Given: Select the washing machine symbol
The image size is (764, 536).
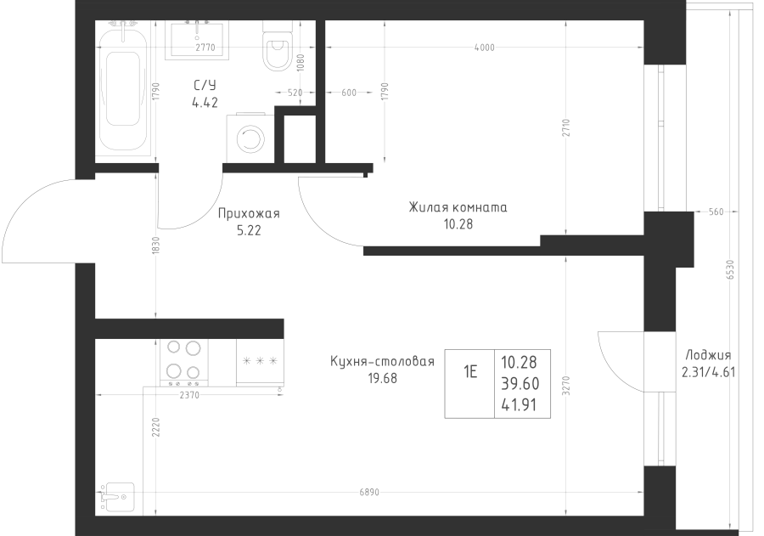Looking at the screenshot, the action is click(x=250, y=139).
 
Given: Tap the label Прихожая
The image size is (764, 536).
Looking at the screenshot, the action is click(x=249, y=213).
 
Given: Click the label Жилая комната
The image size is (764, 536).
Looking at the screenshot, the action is click(x=458, y=208).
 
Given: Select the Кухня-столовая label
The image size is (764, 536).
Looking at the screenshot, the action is click(x=382, y=361).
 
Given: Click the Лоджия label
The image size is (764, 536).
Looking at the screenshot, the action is click(x=708, y=355).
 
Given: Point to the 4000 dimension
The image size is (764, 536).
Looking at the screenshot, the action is click(x=484, y=48).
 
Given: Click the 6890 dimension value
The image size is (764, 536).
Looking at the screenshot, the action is click(x=369, y=493).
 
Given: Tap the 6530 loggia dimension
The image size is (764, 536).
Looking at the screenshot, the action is click(x=730, y=270).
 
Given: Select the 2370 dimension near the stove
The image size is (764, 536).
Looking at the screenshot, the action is click(x=189, y=396).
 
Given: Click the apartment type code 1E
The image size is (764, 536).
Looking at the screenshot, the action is click(x=470, y=373).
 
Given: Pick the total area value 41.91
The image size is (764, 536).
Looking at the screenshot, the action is click(x=519, y=405).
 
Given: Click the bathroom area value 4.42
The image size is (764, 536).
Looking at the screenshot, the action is click(x=205, y=103).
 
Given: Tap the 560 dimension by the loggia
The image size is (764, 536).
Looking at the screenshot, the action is click(x=716, y=212).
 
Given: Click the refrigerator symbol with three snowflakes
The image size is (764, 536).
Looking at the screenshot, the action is click(x=260, y=362).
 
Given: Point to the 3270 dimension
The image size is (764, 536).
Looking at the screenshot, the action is click(x=565, y=386).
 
